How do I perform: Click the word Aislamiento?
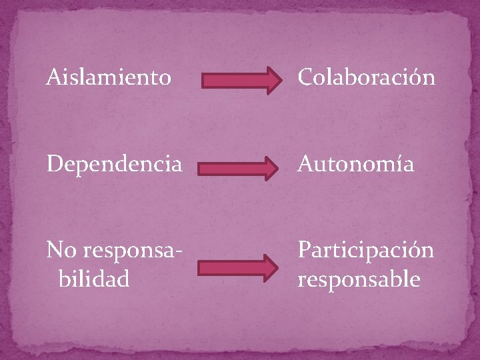(x=108, y=78)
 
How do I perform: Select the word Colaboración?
(x=366, y=78)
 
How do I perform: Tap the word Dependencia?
(x=113, y=164)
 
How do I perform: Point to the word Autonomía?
(x=355, y=164)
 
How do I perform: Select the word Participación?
(x=365, y=251)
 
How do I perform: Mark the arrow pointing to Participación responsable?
(x=238, y=267)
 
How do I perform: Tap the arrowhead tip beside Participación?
(x=279, y=267)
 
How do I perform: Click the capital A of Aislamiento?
(x=53, y=78)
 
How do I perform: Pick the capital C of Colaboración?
(x=306, y=78)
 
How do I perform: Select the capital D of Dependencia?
(x=53, y=164)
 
